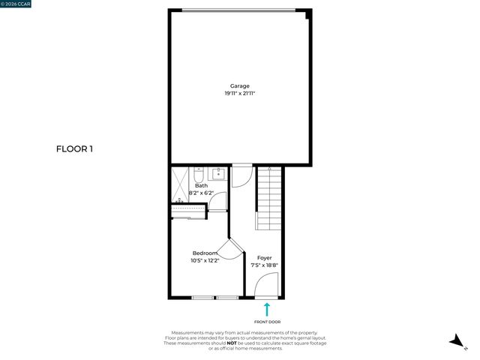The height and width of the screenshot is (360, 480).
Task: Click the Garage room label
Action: click(x=240, y=85)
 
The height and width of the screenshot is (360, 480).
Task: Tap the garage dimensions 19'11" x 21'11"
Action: click(x=240, y=93)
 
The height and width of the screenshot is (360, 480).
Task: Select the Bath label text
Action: click(x=201, y=185)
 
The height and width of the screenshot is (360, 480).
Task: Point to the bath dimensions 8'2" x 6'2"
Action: click(x=201, y=193)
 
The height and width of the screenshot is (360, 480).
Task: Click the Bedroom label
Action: click(x=205, y=253)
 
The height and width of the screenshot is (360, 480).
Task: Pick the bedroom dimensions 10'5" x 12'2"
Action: click(x=205, y=260)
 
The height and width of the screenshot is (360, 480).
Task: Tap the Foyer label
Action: click(x=265, y=257)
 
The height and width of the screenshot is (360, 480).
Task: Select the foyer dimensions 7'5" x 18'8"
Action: click(x=265, y=265)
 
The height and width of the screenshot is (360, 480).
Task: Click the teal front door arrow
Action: click(x=265, y=308)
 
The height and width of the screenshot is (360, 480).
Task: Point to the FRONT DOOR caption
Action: click(x=265, y=321)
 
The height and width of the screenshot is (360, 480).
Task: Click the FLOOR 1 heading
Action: click(x=74, y=148)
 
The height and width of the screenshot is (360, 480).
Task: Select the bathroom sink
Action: click(x=217, y=175)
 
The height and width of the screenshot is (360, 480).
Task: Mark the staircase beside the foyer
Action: click(x=270, y=198)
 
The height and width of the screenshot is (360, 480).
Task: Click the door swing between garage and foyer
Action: click(x=241, y=175)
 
